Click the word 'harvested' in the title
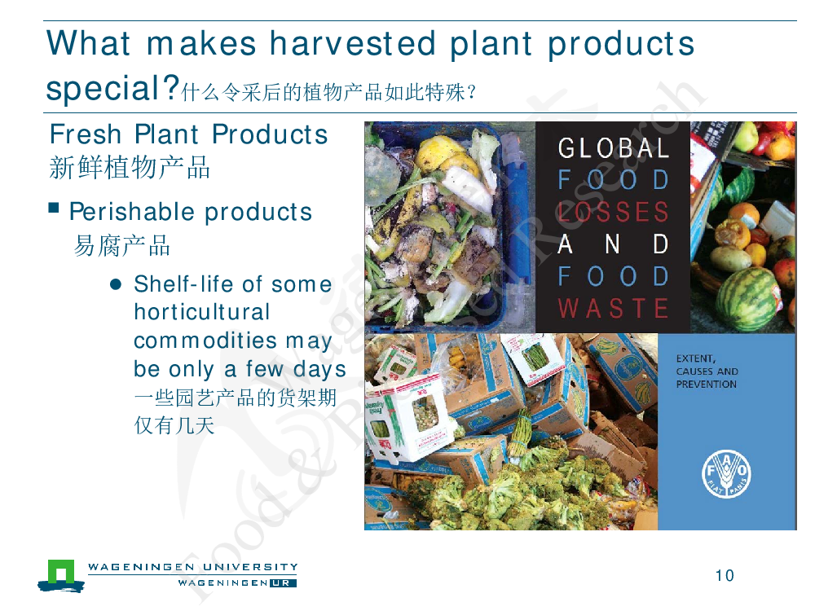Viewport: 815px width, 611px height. pos(352,43)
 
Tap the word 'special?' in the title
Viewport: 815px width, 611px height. pos(112,88)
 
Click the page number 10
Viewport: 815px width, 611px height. pos(725,576)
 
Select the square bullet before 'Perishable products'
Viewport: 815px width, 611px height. pos(53,208)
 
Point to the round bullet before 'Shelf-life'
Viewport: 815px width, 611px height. pos(116,284)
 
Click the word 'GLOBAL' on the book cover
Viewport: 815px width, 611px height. pos(614,148)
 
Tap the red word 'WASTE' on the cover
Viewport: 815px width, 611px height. pos(614,308)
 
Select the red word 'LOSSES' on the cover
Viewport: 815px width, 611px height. pos(614,212)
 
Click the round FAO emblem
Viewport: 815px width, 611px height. pos(727,474)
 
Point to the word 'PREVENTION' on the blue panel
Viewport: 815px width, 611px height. pos(707,385)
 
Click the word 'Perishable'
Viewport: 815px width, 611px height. pos(132,212)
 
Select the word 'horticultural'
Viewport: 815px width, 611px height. pos(201,312)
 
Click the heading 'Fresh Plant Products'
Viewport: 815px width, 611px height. pos(189,134)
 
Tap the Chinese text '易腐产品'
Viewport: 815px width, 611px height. pos(122,245)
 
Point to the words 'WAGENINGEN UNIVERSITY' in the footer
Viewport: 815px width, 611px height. pos(193,567)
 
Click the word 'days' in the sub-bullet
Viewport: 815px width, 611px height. pos(319,369)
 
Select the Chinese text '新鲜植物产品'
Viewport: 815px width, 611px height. pos(130,168)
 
